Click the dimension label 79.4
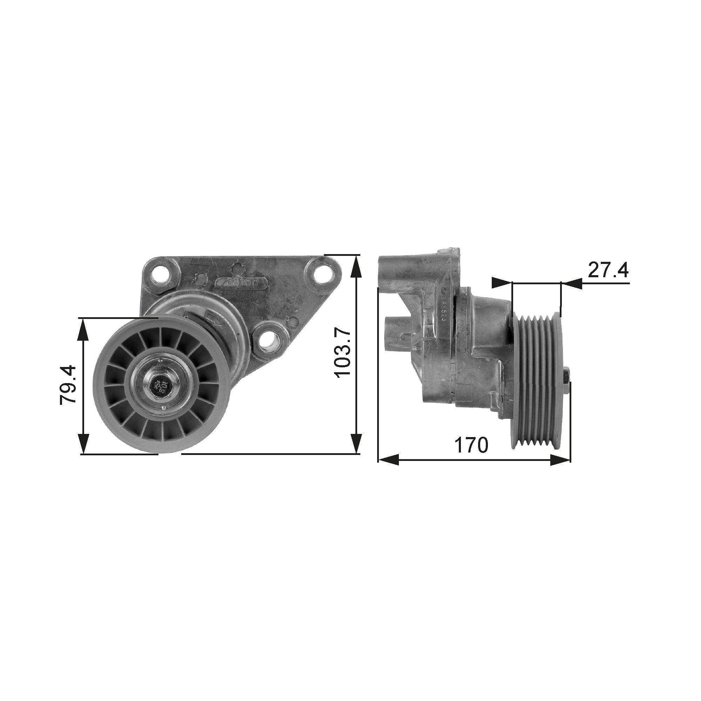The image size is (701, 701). (68, 385)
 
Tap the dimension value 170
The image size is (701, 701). (471, 445)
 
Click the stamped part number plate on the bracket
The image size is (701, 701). (241, 282)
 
